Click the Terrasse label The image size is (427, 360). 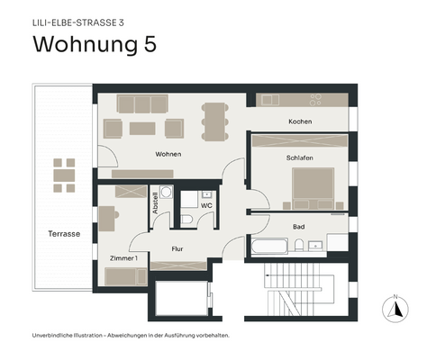pyautogui.click(x=64, y=234)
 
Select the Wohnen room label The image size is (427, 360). pyautogui.click(x=168, y=154)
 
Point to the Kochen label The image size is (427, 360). pyautogui.click(x=300, y=121)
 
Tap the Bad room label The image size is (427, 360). pyautogui.click(x=299, y=227)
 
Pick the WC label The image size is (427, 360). pyautogui.click(x=206, y=205)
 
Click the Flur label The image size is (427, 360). pyautogui.click(x=177, y=247)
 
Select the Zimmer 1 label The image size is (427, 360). pyautogui.click(x=123, y=258)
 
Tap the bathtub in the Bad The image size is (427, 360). pyautogui.click(x=268, y=246)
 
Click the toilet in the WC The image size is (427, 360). pyautogui.click(x=186, y=218)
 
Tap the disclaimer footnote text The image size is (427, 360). pyautogui.click(x=131, y=336)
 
